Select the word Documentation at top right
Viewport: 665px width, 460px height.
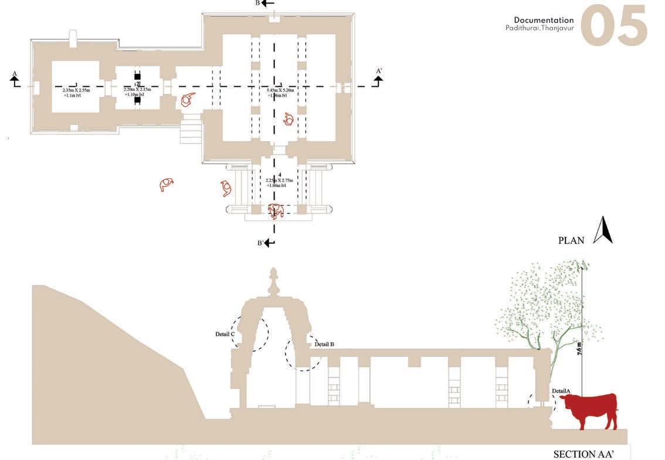(x=544, y=20)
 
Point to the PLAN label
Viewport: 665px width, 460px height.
(x=571, y=240)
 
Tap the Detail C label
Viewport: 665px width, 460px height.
(x=225, y=335)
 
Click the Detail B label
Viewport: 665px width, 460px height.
(x=324, y=344)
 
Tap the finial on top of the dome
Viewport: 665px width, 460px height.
(x=273, y=281)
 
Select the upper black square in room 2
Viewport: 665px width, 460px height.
(x=137, y=77)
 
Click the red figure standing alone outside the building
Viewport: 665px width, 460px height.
(x=168, y=185)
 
